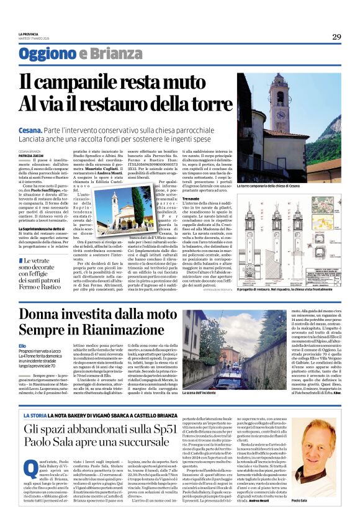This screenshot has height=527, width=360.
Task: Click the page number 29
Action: tap(336, 37)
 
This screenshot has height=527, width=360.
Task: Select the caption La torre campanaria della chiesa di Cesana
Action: tap(269, 186)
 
